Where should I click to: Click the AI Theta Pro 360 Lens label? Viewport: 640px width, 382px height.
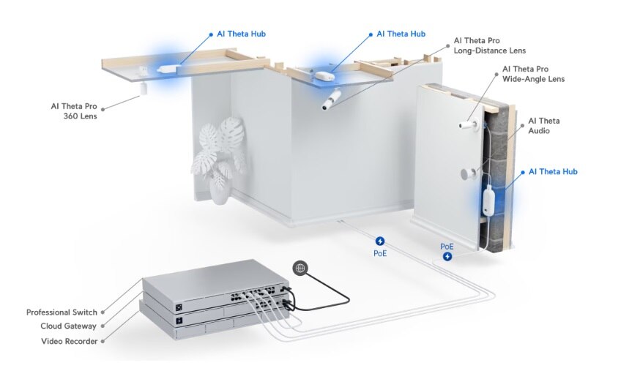pos(74,111)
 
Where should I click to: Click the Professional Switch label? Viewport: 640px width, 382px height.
pos(62,312)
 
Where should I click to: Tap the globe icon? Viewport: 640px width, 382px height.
pos(299,268)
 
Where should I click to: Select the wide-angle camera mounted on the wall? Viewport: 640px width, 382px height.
pos(466,125)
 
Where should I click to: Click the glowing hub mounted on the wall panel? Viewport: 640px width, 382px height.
pos(488,200)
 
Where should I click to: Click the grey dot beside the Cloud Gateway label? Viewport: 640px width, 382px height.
pos(104,326)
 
